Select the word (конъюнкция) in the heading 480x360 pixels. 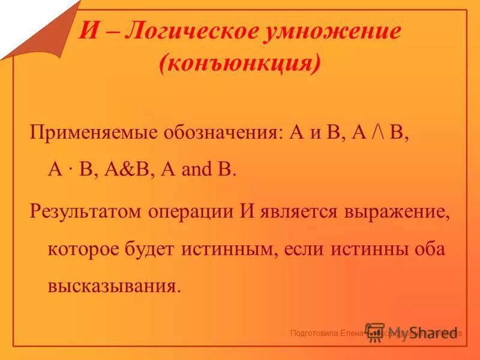point(239,63)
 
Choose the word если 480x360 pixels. point(303,248)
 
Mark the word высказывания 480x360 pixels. point(113,284)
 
